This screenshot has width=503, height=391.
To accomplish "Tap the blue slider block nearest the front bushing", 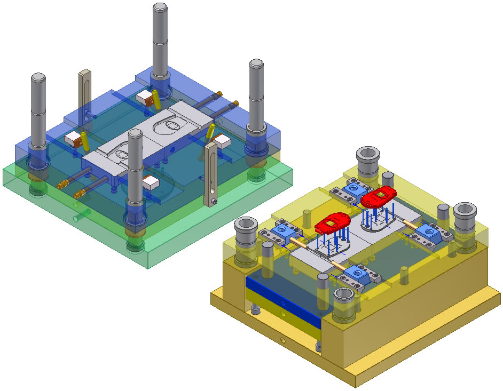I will pyautogui.click(x=357, y=275).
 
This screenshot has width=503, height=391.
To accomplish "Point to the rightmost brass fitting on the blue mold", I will pyautogui.click(x=234, y=102).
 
